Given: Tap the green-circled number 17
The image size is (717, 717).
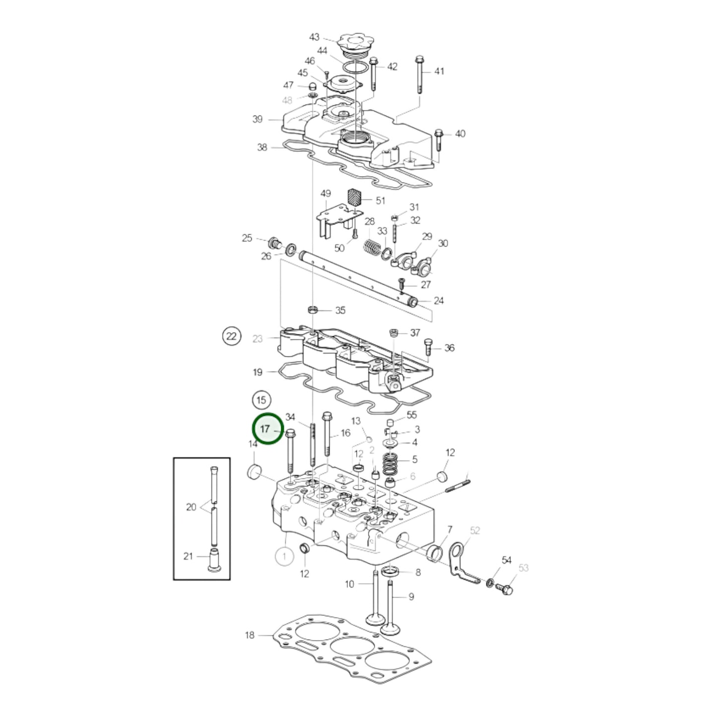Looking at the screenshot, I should point(267,429).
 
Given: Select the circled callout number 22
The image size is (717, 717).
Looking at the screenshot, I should point(231,336).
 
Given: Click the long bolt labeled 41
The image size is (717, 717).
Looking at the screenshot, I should point(419,75).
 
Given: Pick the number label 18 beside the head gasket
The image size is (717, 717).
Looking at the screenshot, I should point(250,635).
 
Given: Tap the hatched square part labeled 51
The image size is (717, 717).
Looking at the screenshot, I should point(353,198).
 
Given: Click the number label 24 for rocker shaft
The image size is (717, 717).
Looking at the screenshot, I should point(439,301).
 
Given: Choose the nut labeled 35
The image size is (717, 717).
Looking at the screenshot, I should point(313,310).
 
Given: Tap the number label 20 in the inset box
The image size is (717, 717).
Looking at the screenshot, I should point(191,507).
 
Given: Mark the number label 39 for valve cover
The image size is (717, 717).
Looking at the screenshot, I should point(258,119).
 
